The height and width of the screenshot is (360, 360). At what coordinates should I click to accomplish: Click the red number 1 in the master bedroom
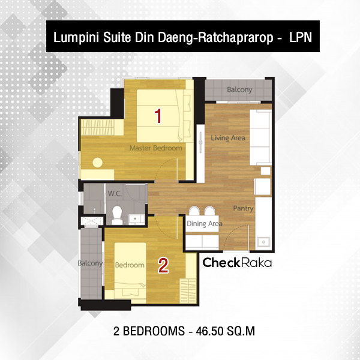[x=158, y=116]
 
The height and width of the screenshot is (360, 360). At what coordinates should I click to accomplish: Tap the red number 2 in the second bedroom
[x=163, y=265]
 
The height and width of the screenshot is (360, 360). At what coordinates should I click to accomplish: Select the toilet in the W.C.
[x=117, y=215]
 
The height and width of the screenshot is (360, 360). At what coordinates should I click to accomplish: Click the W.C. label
[x=115, y=194]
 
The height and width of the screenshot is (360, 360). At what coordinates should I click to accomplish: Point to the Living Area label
[x=228, y=138]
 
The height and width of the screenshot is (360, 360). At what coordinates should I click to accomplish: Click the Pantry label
[x=243, y=208]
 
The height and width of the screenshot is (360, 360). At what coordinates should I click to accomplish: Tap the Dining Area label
[x=204, y=223]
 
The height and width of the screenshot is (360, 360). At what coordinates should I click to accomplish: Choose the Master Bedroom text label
[x=156, y=148]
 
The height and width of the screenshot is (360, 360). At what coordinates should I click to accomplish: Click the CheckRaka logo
[x=237, y=262]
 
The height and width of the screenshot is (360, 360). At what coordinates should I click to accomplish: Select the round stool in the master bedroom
[x=98, y=163]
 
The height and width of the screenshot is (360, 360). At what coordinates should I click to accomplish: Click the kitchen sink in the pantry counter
[x=263, y=242]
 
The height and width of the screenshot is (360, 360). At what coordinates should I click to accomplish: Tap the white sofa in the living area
[x=260, y=137]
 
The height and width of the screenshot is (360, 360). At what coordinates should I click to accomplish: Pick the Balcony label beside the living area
[x=239, y=89]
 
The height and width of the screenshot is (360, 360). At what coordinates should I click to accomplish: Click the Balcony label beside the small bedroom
[x=90, y=263]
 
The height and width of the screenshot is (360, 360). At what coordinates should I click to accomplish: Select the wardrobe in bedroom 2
[x=188, y=290]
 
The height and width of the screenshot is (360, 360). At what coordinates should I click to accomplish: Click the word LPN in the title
[x=301, y=37]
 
